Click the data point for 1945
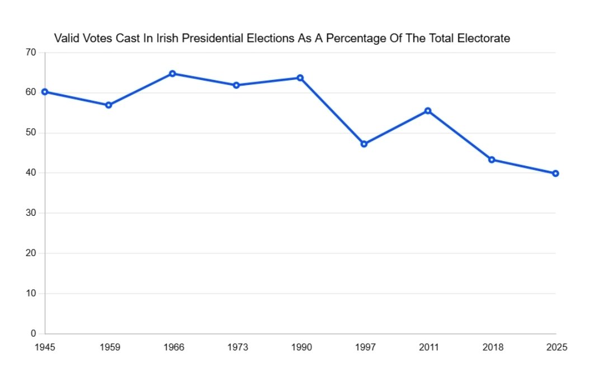point(45,92)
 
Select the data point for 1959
point(108,105)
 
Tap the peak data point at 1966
point(172,73)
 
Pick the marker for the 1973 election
point(236,85)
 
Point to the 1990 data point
point(300,78)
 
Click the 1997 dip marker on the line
point(364,144)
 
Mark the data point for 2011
point(428,111)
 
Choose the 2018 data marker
point(492,159)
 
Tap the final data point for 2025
point(555,173)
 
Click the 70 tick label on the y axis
point(31,53)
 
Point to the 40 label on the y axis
point(31,173)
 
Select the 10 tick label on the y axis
point(31,293)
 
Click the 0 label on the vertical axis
point(34,333)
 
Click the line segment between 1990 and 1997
point(332,111)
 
